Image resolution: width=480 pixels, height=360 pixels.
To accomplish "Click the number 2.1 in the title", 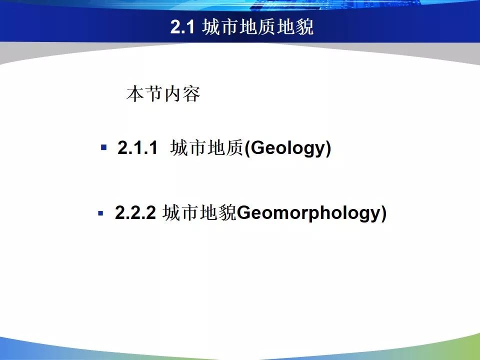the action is point(182,27).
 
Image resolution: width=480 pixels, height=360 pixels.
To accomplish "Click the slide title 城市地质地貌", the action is point(258,27).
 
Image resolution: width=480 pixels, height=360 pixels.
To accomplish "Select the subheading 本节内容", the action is point(163,93).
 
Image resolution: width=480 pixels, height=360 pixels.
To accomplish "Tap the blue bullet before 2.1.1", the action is point(104,147).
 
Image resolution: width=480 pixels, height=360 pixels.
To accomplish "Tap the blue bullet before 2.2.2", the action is point(100,213).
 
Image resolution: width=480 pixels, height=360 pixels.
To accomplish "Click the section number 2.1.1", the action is point(137,147).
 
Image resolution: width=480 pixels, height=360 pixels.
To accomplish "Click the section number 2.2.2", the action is point(135,212).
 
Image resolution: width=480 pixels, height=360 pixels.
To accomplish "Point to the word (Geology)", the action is point(288,148).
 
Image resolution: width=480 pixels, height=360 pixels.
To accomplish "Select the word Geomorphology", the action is point(308,213).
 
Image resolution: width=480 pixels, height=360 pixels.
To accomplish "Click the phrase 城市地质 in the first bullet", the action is point(207,148).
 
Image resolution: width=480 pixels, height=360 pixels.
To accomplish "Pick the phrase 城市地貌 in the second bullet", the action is point(199,213).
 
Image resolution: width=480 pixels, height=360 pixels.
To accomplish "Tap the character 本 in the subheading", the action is point(135,93).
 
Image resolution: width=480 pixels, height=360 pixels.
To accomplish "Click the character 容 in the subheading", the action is point(191,93).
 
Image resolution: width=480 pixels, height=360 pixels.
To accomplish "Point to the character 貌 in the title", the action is point(304,27).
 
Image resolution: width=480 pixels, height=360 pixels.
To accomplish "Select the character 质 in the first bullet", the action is point(235,148).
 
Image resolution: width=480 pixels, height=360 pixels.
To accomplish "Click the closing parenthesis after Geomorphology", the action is point(383,213).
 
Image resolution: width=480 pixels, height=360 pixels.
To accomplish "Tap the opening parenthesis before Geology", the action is point(247,148).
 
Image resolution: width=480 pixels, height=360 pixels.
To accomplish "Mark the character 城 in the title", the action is point(211,27).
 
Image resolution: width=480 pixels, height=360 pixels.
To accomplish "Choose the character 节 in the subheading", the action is point(154,93).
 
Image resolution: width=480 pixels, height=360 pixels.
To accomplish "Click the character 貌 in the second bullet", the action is point(227,213).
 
